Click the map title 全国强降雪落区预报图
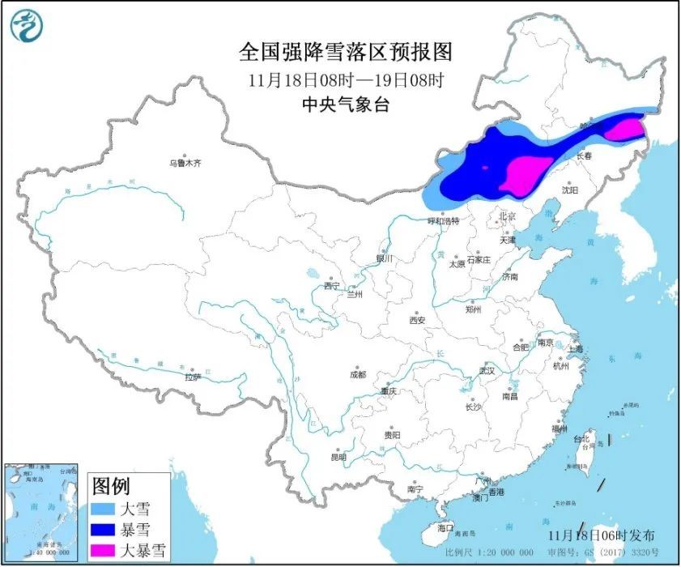pyautogui.click(x=345, y=53)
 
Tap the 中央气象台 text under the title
pyautogui.click(x=345, y=104)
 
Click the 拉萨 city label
pyautogui.click(x=192, y=377)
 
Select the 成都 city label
pyautogui.click(x=357, y=374)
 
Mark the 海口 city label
pyautogui.click(x=445, y=527)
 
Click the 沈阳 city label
pyautogui.click(x=570, y=190)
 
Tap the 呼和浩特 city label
pyautogui.click(x=444, y=220)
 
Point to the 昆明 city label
pyautogui.click(x=338, y=458)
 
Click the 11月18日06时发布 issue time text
pyautogui.click(x=600, y=535)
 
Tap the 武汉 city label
pyautogui.click(x=486, y=370)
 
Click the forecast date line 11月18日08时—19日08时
pyautogui.click(x=345, y=79)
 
